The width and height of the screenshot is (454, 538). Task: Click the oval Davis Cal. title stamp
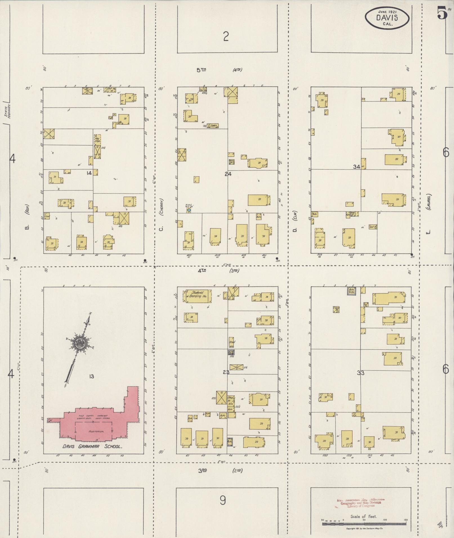(387, 17)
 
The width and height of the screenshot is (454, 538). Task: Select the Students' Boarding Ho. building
(197, 296)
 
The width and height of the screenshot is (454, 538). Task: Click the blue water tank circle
(189, 210)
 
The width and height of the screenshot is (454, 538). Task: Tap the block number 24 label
(228, 174)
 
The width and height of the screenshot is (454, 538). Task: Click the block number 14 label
(89, 173)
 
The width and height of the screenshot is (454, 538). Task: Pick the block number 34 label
(357, 167)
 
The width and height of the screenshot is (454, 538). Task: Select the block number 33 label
(361, 373)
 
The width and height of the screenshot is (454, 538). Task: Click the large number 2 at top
(226, 37)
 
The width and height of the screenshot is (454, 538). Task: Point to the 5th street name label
(202, 70)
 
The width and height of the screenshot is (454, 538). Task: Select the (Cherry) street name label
(162, 207)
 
